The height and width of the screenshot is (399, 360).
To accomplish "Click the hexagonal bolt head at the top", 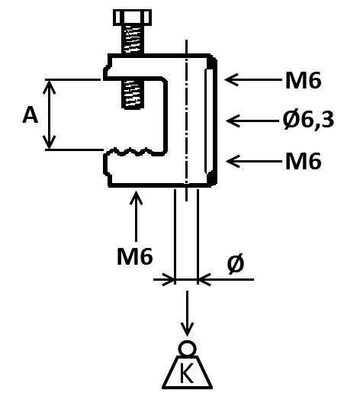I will coord(129,17).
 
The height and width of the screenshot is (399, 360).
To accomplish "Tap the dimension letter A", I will coord(31,115).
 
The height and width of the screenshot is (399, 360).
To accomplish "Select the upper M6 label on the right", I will coord(303,79).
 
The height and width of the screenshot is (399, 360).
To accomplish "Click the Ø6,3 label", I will coord(308,120).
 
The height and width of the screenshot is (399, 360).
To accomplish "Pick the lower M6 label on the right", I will coord(303,161).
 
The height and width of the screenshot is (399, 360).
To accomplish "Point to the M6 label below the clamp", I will coord(135,256).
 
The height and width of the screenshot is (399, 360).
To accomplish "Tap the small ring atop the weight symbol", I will coord(187,349).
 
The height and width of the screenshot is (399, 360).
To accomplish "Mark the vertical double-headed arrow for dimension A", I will coord(50,114).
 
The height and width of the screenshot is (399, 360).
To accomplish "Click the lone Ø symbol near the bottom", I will coord(236,265).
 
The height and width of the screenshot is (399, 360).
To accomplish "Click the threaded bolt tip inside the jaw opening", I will coord(130,93).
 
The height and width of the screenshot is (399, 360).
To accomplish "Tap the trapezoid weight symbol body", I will coord(187,372).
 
